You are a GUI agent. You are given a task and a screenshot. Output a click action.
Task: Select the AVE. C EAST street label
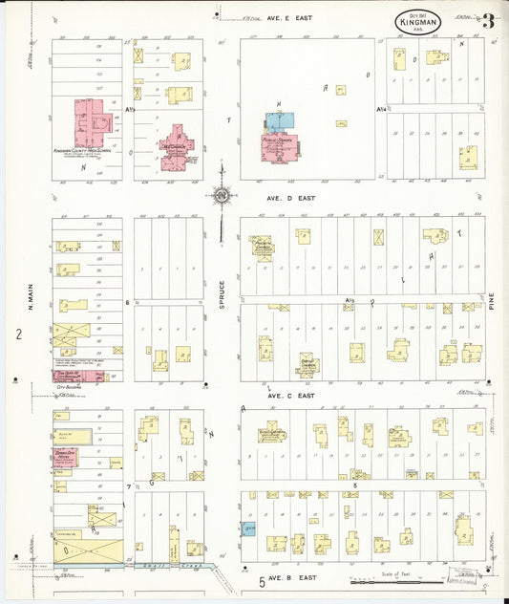coord(290,395)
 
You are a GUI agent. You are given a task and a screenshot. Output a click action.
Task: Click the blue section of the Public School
coord(280,122)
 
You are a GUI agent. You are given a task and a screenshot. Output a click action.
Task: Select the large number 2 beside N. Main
coord(17,334)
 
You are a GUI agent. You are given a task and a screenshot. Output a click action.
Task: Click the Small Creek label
coord(175,565)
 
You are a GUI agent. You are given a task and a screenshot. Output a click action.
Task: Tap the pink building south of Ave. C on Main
coord(65,457)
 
